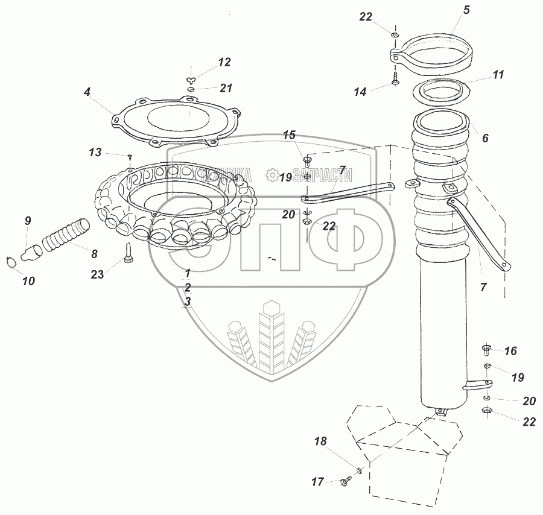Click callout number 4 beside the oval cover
tap(87, 92)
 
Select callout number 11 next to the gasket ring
tap(498, 75)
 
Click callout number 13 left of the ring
tap(95, 152)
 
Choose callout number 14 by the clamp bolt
tap(360, 92)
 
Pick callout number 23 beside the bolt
tap(97, 274)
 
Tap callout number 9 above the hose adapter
tap(27, 221)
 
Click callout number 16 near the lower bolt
tap(510, 351)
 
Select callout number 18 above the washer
tap(320, 442)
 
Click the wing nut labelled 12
tap(191, 80)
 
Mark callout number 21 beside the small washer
tap(226, 89)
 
